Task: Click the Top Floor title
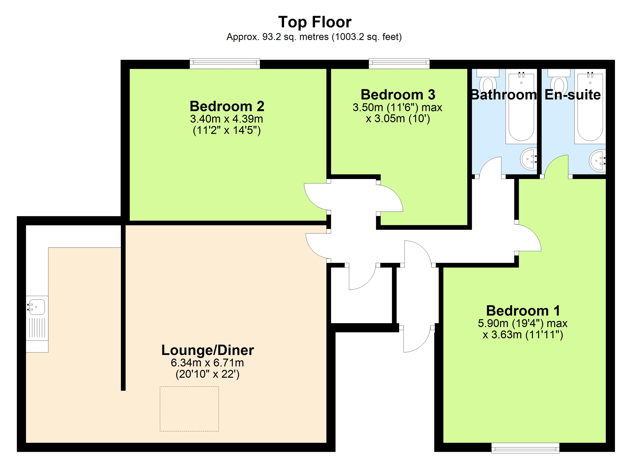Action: [315, 22]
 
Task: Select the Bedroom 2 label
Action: [227, 106]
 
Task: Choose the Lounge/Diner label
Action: [208, 350]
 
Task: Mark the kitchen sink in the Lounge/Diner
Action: [37, 307]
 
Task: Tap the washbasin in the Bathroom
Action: [529, 159]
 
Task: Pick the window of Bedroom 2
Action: [225, 63]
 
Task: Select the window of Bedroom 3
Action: [399, 63]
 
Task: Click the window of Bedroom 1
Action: [525, 448]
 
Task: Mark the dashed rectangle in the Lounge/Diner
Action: [189, 409]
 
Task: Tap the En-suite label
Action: [573, 95]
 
